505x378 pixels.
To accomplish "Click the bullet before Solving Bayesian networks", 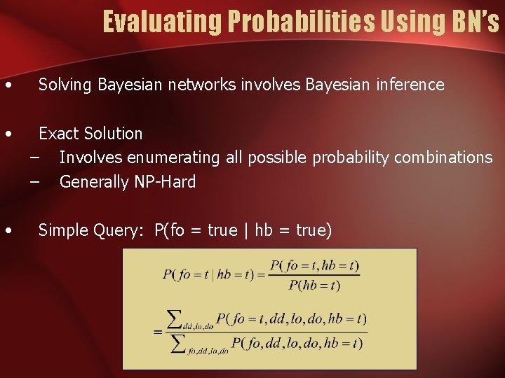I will (7, 86).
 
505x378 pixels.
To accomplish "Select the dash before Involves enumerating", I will (35, 157).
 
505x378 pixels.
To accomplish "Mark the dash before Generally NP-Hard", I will (35, 182).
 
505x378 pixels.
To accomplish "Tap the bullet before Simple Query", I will (7, 231).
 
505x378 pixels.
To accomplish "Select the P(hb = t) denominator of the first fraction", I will (314, 285).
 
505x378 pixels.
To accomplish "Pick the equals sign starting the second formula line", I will (159, 331).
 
